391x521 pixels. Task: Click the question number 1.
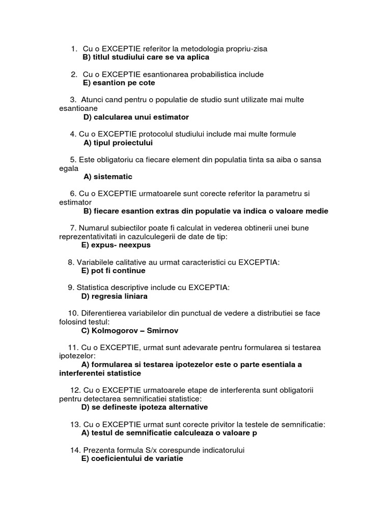pos(74,49)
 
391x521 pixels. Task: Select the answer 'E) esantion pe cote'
pos(118,82)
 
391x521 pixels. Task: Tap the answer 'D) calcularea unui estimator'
pos(136,117)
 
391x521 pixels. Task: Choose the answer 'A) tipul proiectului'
pos(118,142)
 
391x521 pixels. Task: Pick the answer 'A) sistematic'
pos(108,177)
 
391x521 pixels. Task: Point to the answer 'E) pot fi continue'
pos(114,270)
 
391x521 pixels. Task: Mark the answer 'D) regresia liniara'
pos(115,296)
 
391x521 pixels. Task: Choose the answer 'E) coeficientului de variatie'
pos(132,458)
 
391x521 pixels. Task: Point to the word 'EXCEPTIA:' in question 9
pos(209,287)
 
